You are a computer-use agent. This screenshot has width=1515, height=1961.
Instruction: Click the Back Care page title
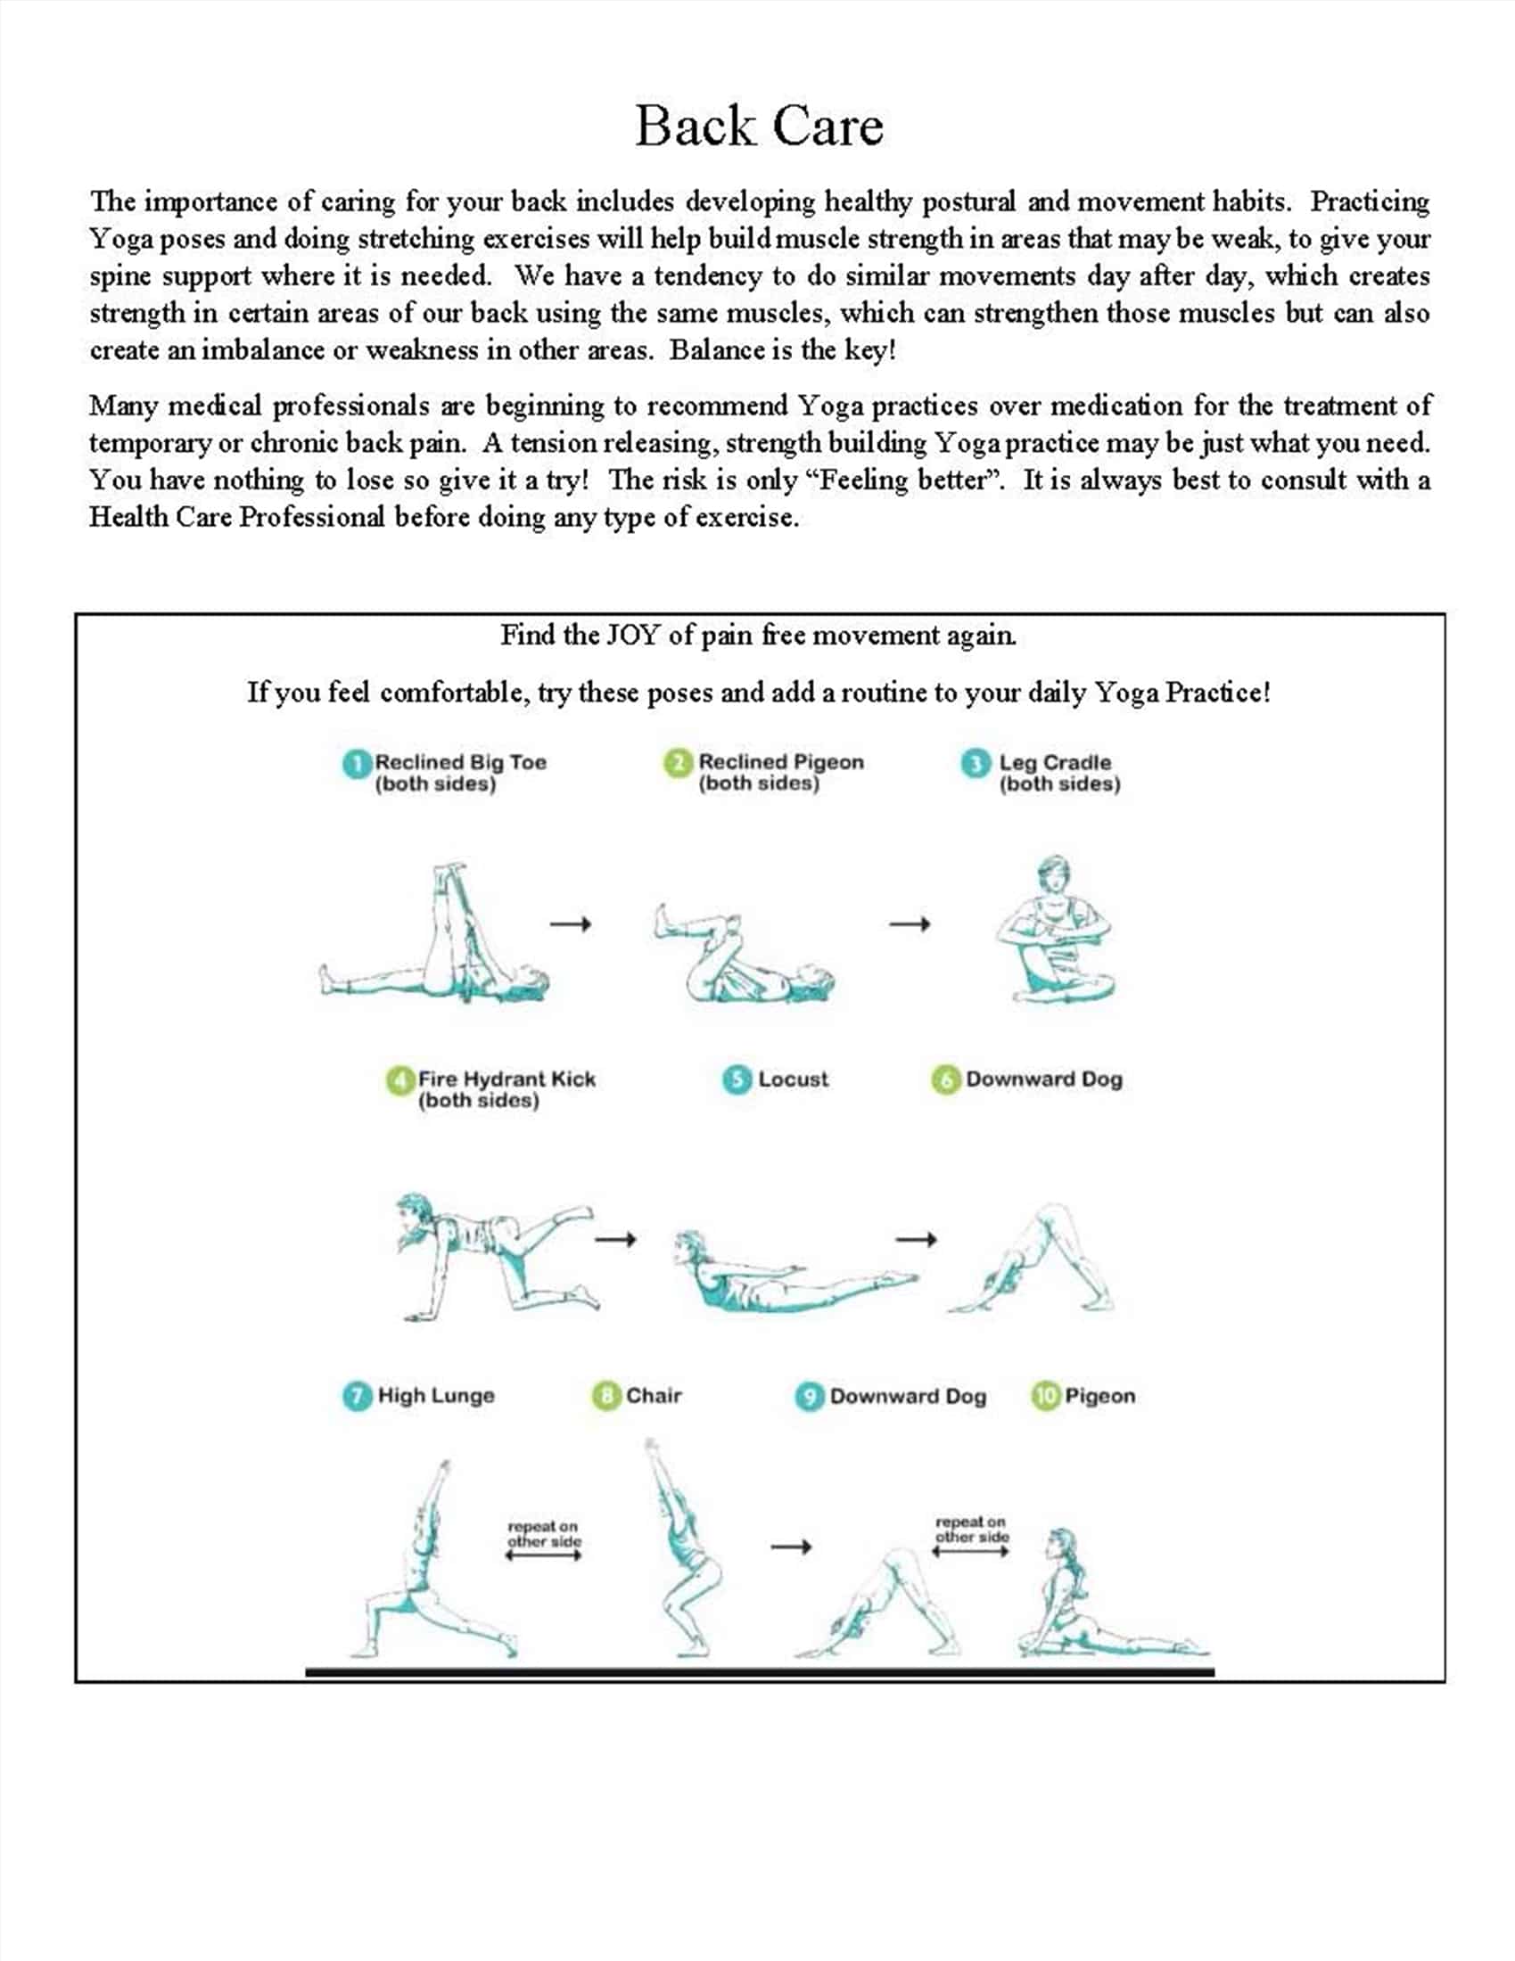(759, 126)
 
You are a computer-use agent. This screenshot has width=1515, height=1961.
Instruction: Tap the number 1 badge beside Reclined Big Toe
(357, 764)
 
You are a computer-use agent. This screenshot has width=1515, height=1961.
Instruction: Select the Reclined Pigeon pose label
(780, 771)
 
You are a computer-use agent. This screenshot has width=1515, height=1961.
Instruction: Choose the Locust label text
(793, 1079)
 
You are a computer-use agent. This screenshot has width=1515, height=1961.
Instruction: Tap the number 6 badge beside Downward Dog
(944, 1079)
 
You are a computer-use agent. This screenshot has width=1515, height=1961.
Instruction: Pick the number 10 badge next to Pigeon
(1045, 1395)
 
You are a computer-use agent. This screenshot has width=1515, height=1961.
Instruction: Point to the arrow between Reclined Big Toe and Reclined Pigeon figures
(571, 924)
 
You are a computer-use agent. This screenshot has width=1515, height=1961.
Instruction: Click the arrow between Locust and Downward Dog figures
(916, 1240)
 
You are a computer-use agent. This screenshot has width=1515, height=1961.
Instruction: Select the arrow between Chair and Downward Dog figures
(791, 1547)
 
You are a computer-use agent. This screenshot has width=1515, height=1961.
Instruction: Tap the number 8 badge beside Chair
(606, 1395)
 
